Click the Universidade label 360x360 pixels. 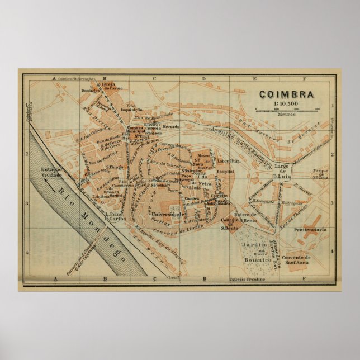click(168, 214)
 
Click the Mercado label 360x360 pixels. click(171, 127)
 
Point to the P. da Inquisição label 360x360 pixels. click(131, 108)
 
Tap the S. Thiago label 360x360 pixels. click(114, 165)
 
